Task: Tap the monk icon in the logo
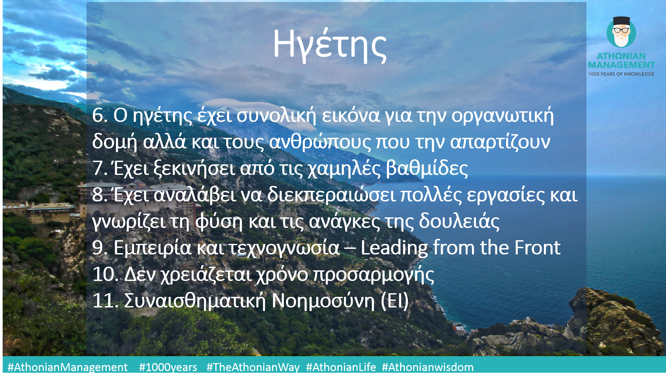point(621,32)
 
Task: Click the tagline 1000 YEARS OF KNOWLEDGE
point(621,74)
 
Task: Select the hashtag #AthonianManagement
point(68,367)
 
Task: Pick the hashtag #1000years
point(168,367)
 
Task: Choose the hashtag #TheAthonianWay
point(253,367)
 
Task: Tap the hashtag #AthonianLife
point(341,367)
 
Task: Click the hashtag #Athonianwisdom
point(428,367)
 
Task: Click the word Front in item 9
point(537,247)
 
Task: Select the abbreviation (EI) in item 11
point(395,301)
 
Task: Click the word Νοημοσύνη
point(323,301)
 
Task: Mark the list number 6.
point(100,116)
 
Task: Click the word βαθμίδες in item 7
point(427,168)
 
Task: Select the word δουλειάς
point(459,221)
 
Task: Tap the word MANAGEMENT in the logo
point(621,65)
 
